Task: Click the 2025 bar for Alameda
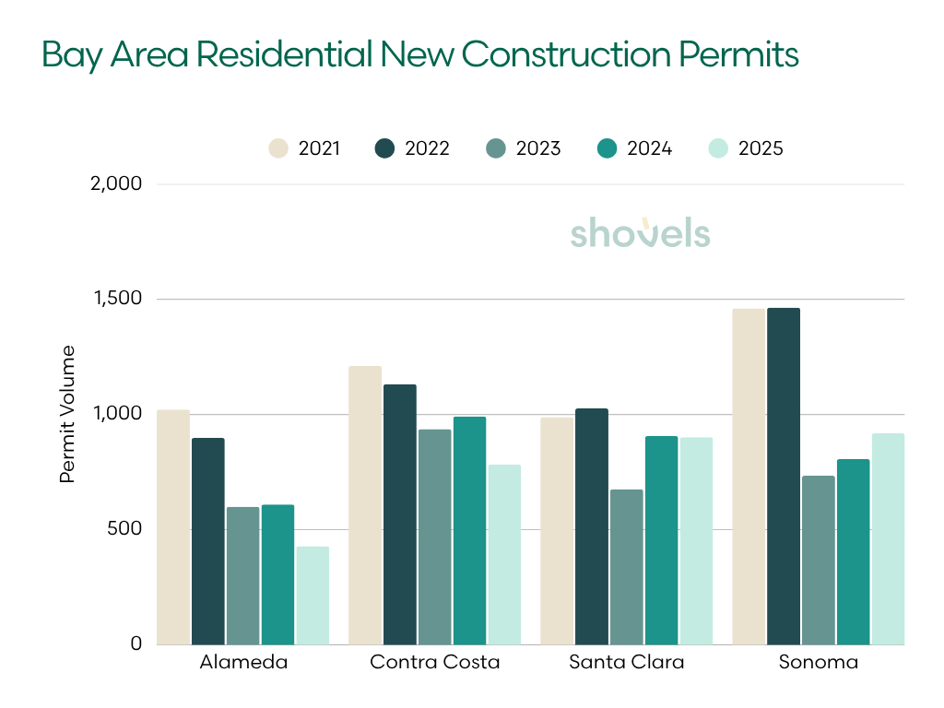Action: point(313,596)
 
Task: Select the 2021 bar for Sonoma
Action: point(749,477)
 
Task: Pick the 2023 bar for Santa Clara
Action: point(627,567)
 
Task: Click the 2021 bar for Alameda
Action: point(173,527)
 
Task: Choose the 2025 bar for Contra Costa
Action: point(504,554)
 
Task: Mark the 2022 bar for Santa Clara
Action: point(592,526)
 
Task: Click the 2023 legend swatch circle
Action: point(494,148)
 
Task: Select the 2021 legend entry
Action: point(304,148)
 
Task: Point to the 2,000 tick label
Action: point(118,183)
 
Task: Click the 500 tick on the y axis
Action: point(125,529)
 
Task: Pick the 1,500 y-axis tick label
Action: point(118,299)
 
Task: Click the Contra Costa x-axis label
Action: point(434,662)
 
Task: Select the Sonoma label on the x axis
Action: point(818,662)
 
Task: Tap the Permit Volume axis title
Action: point(66,414)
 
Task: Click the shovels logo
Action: point(640,232)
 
